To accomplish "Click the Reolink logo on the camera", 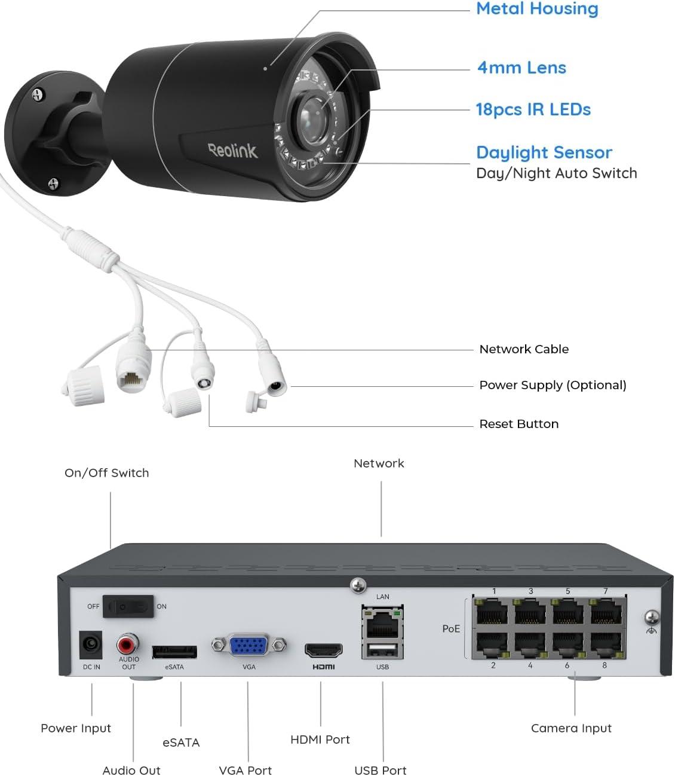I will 233,149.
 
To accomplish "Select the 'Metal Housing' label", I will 536,9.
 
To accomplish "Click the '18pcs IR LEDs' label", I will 533,109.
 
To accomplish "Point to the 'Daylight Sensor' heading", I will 544,152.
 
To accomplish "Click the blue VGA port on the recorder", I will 248,646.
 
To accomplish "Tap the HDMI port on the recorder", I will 323,650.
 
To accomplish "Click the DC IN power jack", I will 91,645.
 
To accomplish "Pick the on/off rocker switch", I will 128,606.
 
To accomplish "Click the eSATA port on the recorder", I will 174,651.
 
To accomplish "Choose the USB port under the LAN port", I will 382,650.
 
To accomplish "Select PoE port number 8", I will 606,646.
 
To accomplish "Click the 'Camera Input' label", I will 571,728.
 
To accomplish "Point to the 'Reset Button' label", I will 518,424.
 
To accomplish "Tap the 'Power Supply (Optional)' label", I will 553,385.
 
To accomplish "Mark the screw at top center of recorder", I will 358,585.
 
